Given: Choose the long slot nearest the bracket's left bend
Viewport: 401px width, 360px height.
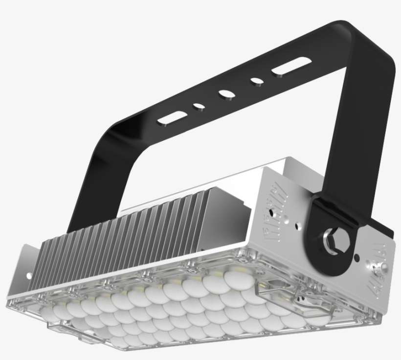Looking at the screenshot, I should (x=172, y=118).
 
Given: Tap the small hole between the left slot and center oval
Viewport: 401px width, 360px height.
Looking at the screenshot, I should (x=199, y=105).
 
